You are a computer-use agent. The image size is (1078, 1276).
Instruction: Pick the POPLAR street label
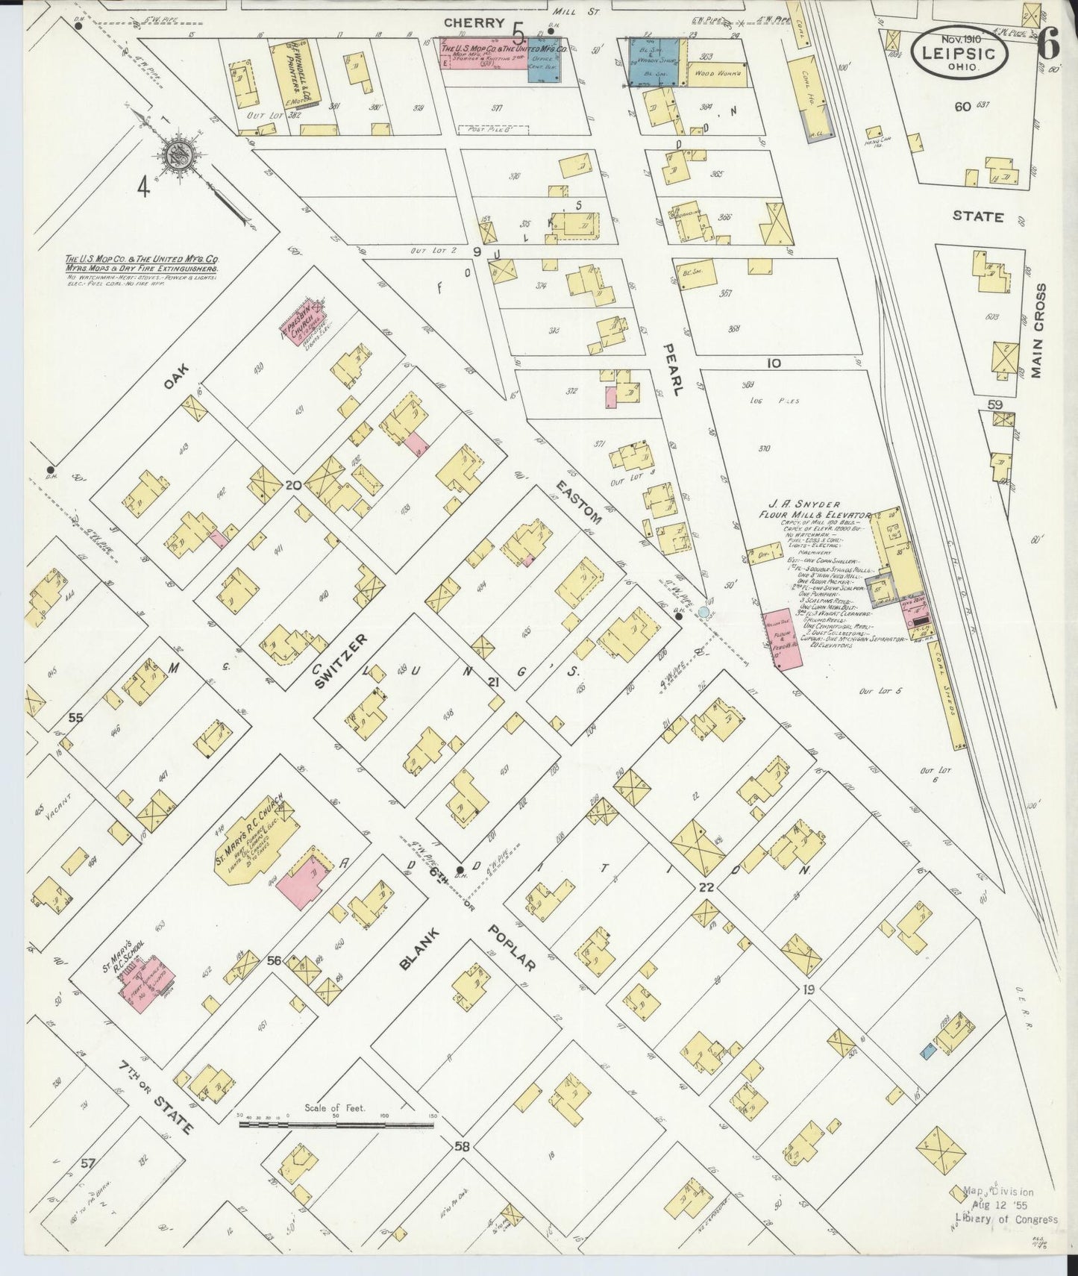click(513, 950)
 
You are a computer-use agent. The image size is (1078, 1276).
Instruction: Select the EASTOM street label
click(577, 504)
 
